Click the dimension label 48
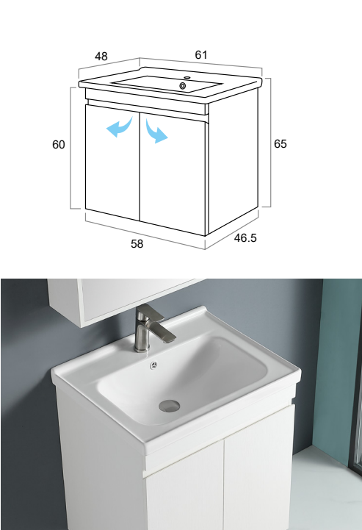coord(101,56)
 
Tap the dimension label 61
coord(201,54)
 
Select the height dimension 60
coord(59,144)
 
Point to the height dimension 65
coord(280,143)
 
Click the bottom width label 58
coord(137,243)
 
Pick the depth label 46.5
coord(245,237)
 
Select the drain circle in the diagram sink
coord(183,86)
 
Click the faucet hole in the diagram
coord(187,78)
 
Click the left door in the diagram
coord(112,162)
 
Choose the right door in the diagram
coord(173,173)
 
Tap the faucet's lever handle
coord(163,331)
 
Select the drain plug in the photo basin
coord(169,406)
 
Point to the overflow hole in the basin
coord(154,365)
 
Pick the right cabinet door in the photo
coord(258,470)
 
